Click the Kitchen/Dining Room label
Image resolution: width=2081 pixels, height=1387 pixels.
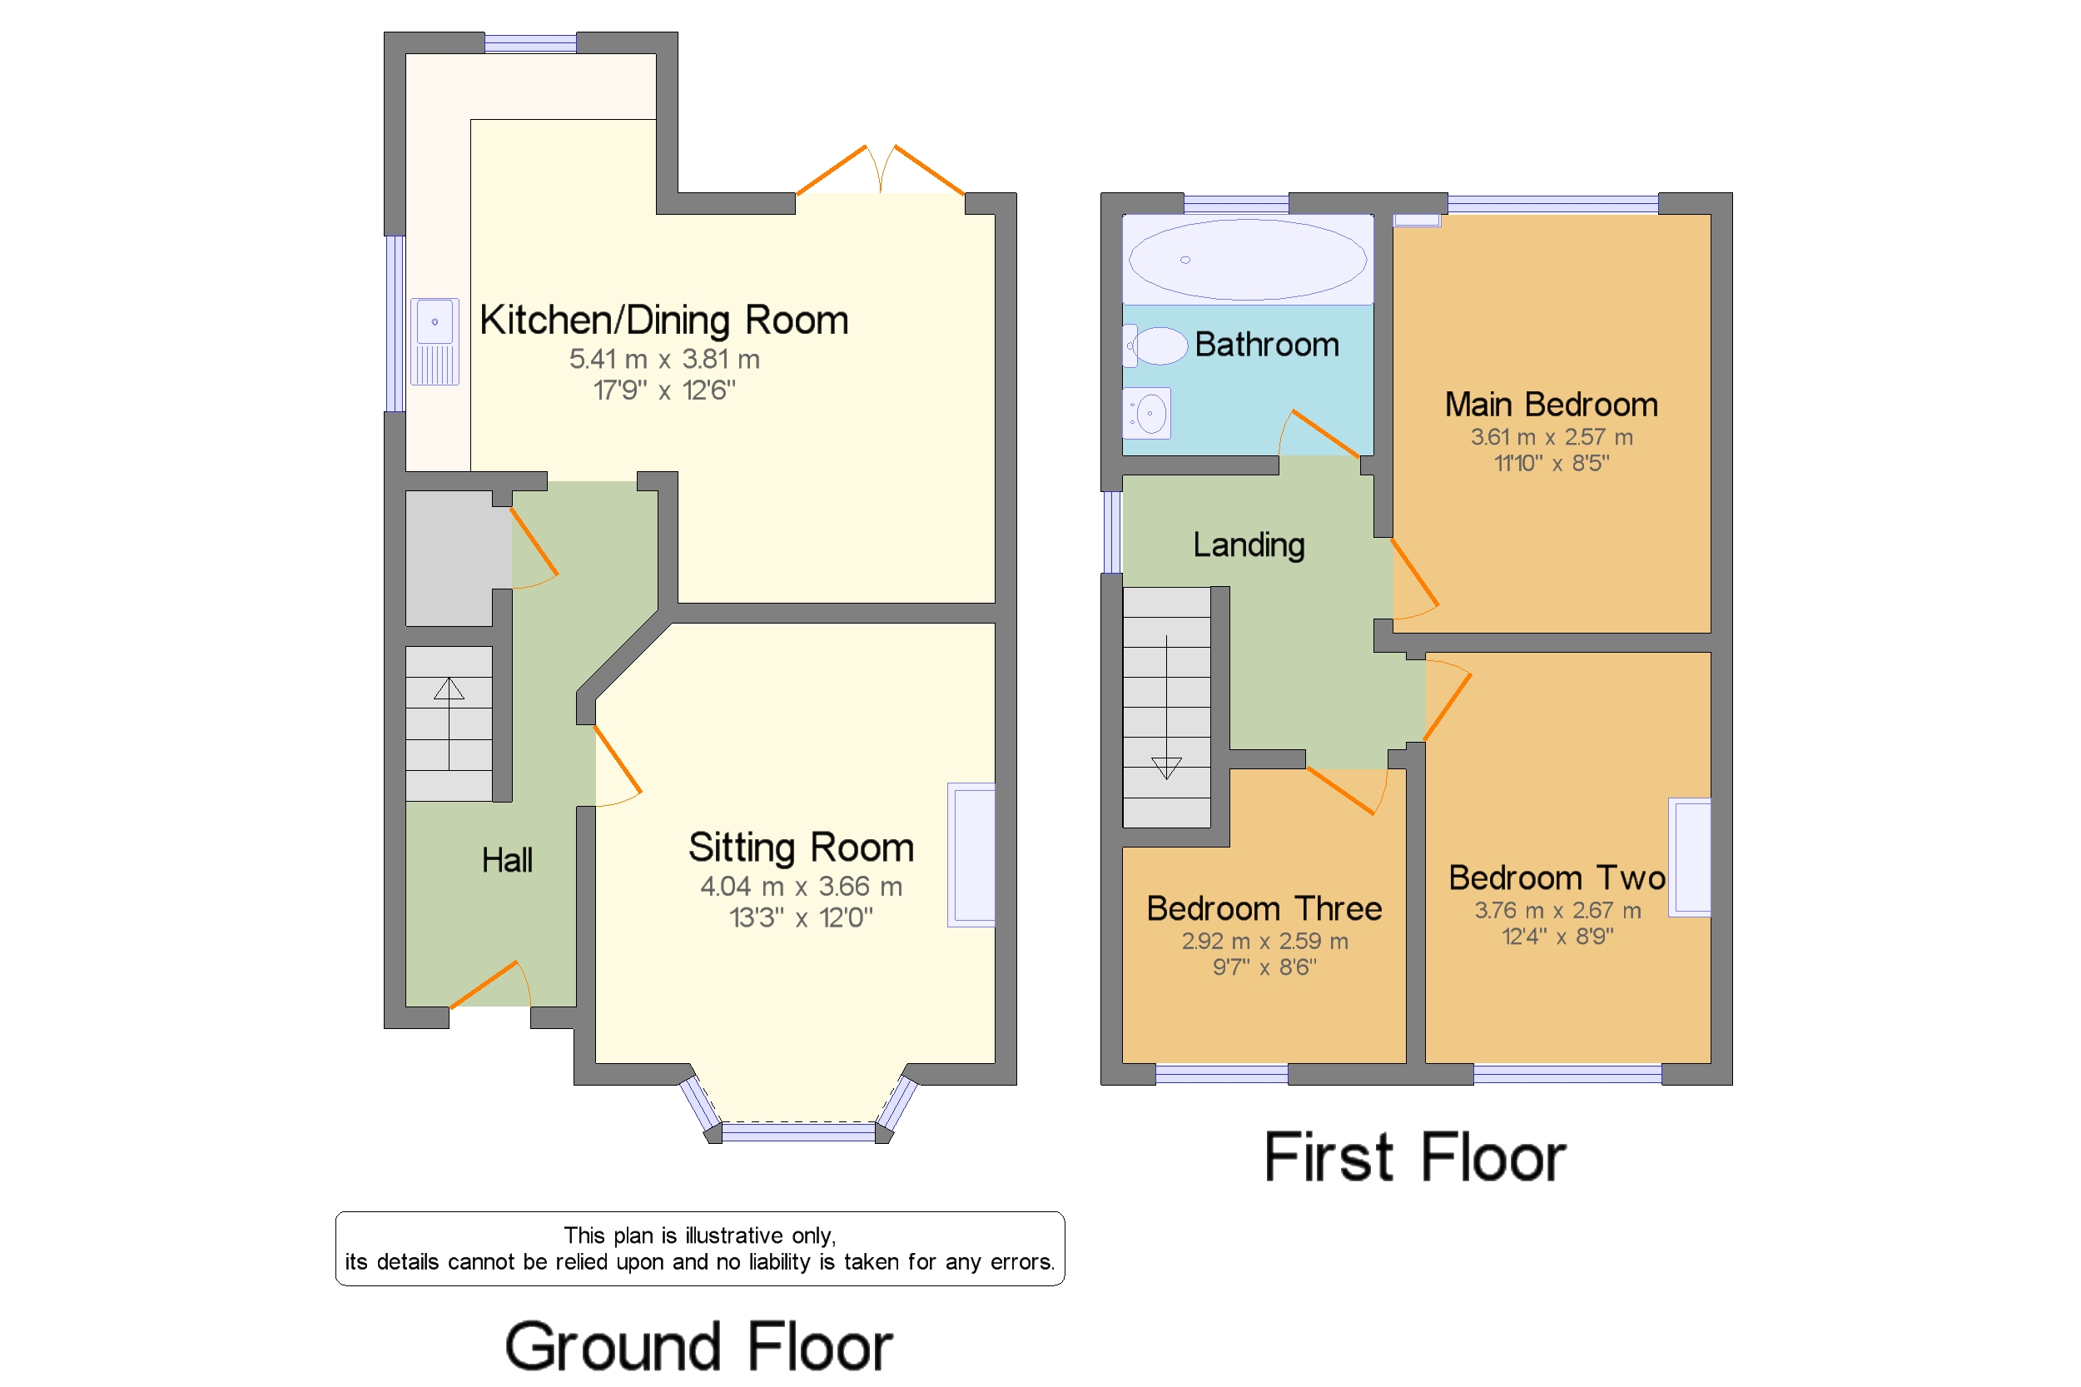pos(663,321)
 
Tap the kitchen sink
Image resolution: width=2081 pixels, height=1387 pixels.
pos(435,341)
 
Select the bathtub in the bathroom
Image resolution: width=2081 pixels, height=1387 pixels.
pos(1247,259)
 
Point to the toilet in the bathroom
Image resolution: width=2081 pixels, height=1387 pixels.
pos(1155,346)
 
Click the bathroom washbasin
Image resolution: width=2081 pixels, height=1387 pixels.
pos(1146,413)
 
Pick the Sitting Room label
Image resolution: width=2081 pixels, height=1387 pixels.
pos(801,848)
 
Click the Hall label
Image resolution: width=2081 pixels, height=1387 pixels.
pos(507,860)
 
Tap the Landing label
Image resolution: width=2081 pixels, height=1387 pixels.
pos(1248,544)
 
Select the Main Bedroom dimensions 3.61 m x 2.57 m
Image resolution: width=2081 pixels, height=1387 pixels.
pos(1552,437)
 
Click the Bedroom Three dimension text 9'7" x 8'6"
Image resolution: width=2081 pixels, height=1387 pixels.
pos(1264,967)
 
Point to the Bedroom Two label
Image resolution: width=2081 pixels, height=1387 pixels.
pos(1557,877)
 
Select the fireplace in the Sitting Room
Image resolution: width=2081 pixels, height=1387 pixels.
pos(971,854)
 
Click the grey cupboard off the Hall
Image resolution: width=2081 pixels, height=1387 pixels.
pos(449,558)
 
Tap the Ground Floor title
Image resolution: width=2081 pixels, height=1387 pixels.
pos(698,1345)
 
